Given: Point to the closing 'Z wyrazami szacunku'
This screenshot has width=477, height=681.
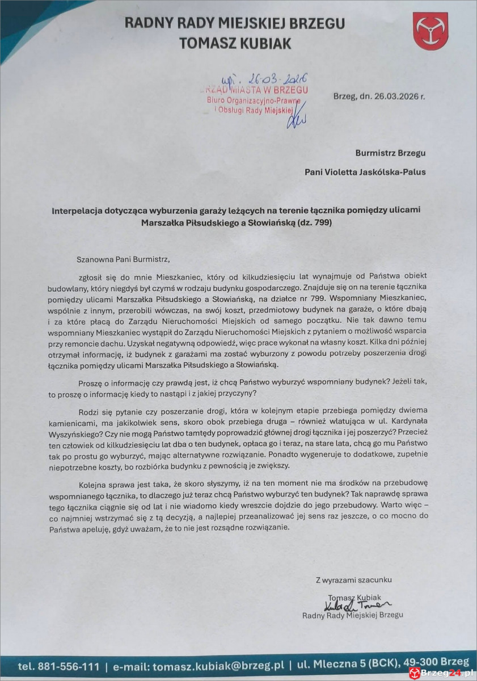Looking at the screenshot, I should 353,579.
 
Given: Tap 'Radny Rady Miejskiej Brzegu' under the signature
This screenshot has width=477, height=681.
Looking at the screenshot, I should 352,615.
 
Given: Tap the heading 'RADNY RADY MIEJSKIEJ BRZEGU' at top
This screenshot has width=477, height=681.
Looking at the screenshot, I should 234,24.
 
